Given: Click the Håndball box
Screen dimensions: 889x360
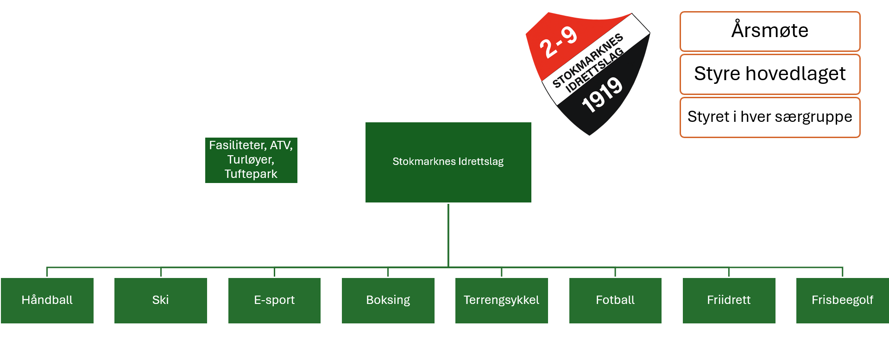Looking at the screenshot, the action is point(47,300).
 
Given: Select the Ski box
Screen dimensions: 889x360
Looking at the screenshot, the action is point(161,300).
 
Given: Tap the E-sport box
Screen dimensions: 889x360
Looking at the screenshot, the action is point(274,300).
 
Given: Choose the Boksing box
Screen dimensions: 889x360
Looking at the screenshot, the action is point(388,300).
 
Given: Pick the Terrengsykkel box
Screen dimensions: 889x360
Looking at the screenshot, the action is point(502,300).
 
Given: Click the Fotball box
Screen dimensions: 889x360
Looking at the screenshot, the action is point(615,300).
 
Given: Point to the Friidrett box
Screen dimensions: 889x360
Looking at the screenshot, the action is point(729,300).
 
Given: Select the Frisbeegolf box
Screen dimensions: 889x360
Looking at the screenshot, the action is point(843,300).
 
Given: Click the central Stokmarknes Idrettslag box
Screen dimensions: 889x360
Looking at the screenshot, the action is point(448,162).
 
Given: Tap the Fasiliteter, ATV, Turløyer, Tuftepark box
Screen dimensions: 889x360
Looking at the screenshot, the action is point(251,160).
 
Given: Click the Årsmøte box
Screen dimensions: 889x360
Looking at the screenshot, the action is point(770,32).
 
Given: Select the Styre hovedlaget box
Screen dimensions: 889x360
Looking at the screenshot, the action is point(770,74).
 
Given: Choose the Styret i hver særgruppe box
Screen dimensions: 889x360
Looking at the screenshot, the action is point(770,117).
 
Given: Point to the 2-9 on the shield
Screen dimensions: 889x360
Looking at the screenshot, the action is point(558,42).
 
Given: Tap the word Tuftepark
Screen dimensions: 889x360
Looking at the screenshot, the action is point(251,174).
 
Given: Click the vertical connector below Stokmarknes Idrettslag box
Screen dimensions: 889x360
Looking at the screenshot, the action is point(448,235).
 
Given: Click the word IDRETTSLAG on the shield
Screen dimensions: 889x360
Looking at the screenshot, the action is point(595,70).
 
